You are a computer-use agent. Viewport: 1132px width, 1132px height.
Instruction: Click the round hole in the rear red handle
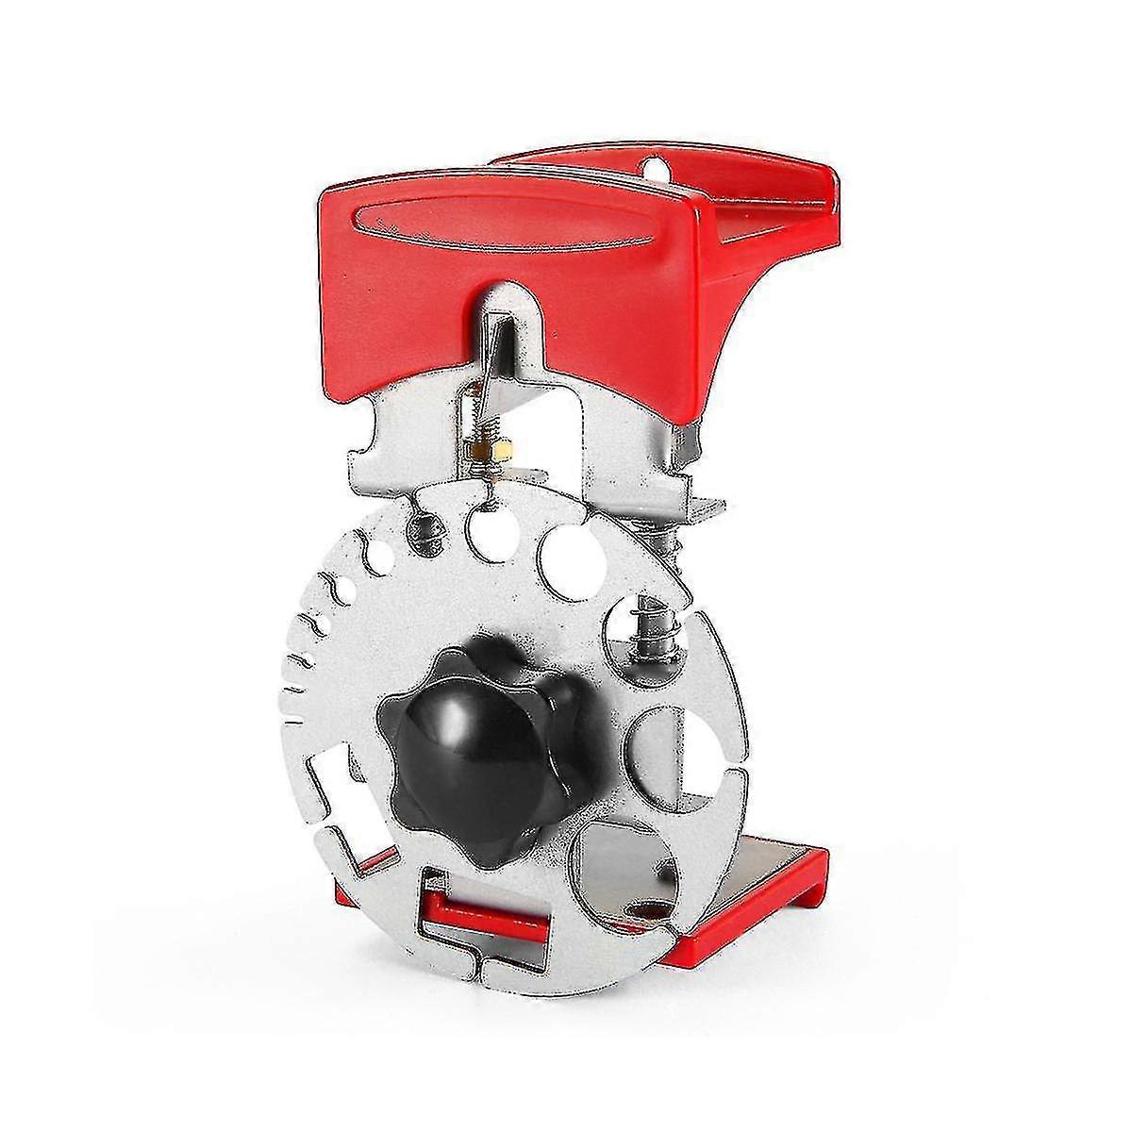tap(649, 167)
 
